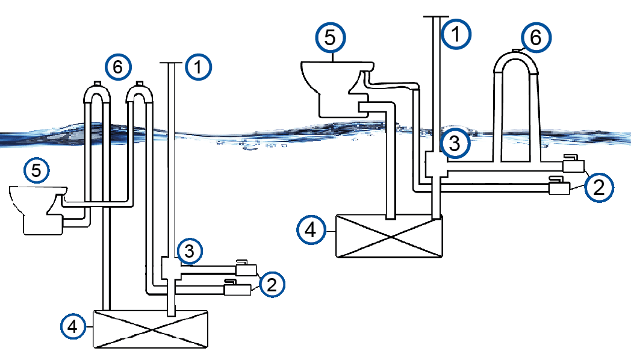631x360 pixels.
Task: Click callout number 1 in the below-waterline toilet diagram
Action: pyautogui.click(x=198, y=67)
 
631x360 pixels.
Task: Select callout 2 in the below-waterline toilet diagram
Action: pyautogui.click(x=272, y=284)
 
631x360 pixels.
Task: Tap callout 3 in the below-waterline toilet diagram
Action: pyautogui.click(x=189, y=252)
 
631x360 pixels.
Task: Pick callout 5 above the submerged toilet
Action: pyautogui.click(x=37, y=170)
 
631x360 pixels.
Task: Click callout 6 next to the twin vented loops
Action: pyautogui.click(x=118, y=67)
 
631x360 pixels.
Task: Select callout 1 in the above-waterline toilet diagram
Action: pyautogui.click(x=456, y=34)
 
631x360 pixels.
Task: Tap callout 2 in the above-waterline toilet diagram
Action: pyautogui.click(x=599, y=187)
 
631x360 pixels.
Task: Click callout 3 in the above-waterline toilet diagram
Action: pyautogui.click(x=455, y=143)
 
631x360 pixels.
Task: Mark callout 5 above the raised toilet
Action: pyautogui.click(x=330, y=37)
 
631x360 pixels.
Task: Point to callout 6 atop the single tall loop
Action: pyautogui.click(x=536, y=37)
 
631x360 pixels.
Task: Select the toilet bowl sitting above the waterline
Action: pyautogui.click(x=337, y=89)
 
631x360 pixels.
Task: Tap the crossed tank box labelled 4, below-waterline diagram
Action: pyautogui.click(x=151, y=329)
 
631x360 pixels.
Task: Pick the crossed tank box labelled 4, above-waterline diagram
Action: pyautogui.click(x=389, y=236)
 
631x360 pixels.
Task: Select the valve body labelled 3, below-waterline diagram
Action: pyautogui.click(x=170, y=268)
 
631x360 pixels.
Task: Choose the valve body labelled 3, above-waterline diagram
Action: pyautogui.click(x=437, y=165)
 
